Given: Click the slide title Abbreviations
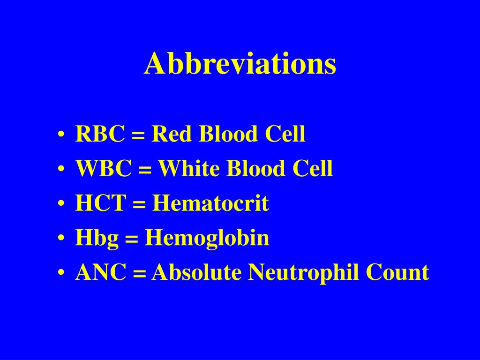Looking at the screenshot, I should click(x=240, y=64).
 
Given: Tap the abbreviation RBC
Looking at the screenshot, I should click(x=100, y=135).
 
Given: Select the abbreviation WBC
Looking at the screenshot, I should click(x=104, y=169).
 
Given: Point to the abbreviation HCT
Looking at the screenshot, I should click(x=101, y=203).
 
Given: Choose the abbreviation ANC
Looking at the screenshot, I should click(x=101, y=272).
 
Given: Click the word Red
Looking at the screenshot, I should click(x=172, y=135).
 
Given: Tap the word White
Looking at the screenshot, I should click(x=189, y=169).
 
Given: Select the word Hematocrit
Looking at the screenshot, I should click(x=210, y=203).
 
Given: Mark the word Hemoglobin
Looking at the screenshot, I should click(x=207, y=238).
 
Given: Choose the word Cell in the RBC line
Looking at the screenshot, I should click(x=285, y=135).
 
